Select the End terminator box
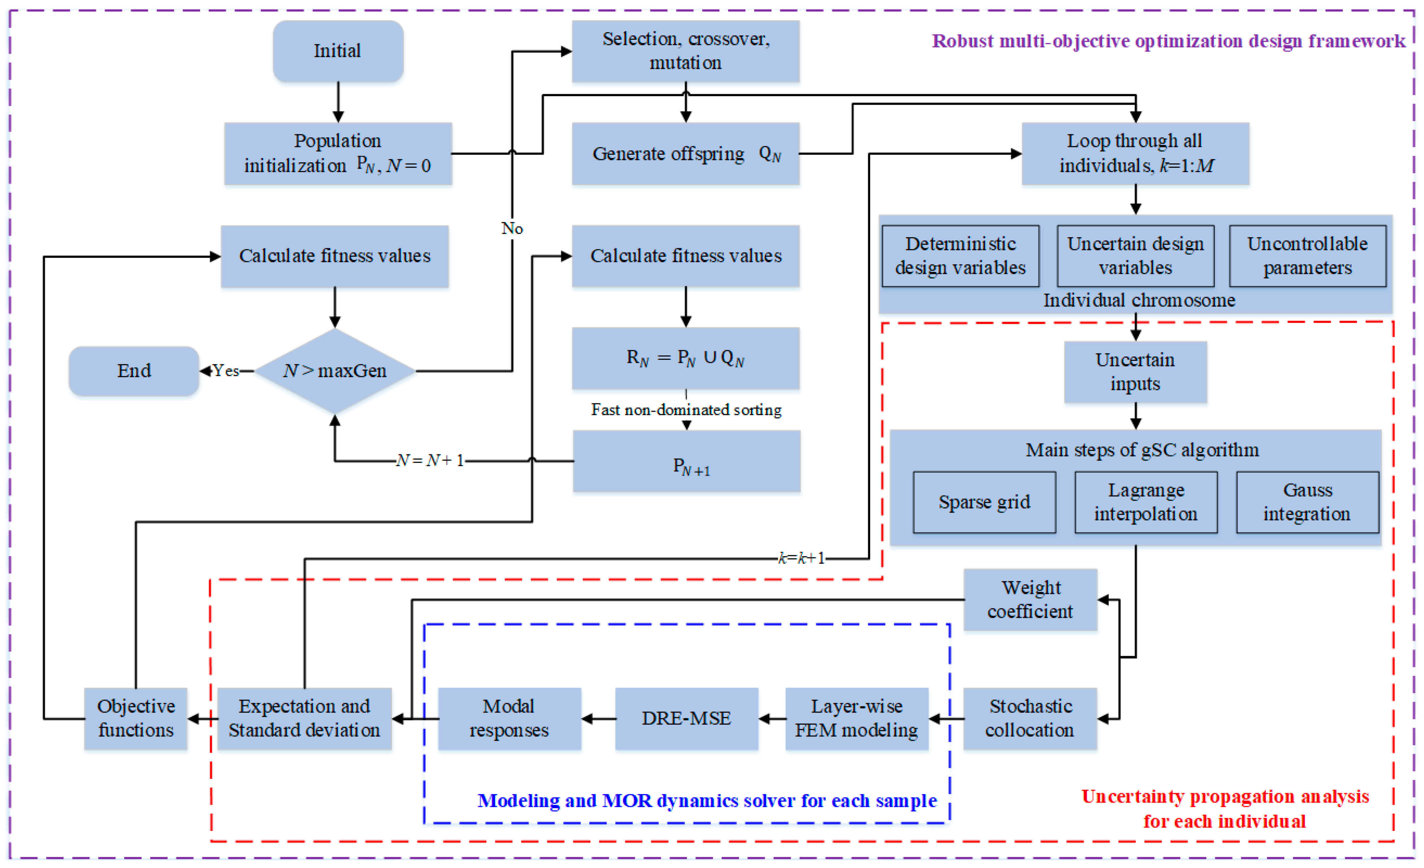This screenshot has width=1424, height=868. [x=134, y=371]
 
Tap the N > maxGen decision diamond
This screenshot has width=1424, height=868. [x=335, y=371]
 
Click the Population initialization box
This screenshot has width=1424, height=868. [x=338, y=154]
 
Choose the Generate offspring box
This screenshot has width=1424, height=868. [x=686, y=154]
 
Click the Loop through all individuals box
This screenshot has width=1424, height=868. [x=1136, y=154]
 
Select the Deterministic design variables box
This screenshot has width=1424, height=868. [x=960, y=256]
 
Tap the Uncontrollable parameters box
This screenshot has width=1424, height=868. [x=1308, y=256]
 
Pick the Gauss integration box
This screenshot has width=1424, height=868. [x=1308, y=502]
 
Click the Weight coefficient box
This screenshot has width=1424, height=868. [x=1031, y=600]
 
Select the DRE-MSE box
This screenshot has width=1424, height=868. [x=686, y=719]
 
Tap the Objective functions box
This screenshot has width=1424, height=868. [x=136, y=719]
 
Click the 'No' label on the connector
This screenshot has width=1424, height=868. [x=512, y=229]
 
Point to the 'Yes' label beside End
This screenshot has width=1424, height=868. [x=225, y=371]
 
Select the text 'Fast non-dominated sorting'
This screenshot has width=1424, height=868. [x=686, y=410]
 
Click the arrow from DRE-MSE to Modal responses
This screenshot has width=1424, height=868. [x=599, y=719]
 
